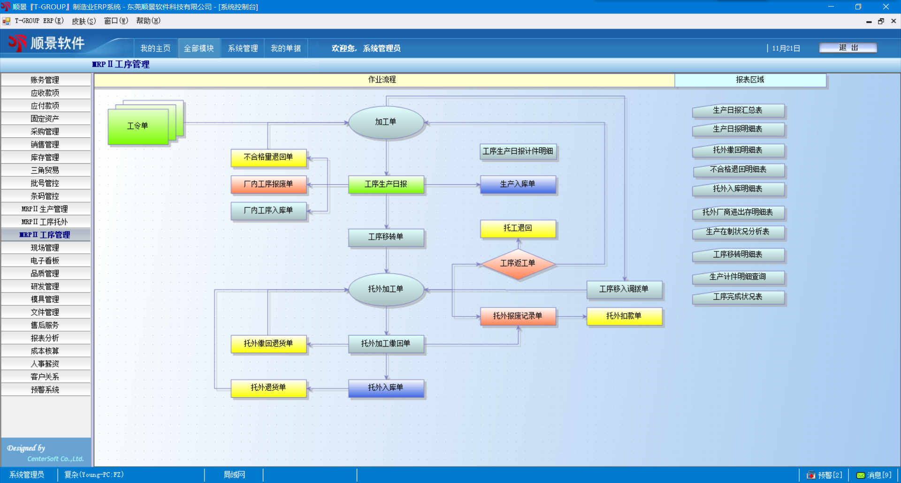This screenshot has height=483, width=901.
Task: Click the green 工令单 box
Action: pos(138,126)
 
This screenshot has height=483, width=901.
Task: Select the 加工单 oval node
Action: pos(386,122)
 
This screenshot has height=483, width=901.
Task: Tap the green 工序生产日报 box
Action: pos(386,184)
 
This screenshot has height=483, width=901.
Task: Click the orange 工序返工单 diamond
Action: pos(518,264)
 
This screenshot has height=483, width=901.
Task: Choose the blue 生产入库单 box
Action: pos(518,184)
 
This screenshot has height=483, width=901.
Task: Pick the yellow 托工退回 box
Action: pos(518,228)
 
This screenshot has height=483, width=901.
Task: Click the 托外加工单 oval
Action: pos(386,289)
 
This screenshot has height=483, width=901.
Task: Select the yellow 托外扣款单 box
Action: pos(624,316)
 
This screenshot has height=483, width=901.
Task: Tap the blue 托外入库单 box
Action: pos(386,388)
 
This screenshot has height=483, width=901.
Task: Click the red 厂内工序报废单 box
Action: pos(268,184)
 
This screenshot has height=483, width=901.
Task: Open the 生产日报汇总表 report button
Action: pos(738,111)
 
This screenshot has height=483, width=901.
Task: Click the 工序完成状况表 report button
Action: pos(738,297)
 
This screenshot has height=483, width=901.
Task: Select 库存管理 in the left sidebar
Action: pos(45,158)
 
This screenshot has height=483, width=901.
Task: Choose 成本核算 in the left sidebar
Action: pos(45,351)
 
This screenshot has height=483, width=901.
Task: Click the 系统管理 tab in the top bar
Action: pos(243,48)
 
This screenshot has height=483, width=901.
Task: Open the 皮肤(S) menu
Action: pos(84,21)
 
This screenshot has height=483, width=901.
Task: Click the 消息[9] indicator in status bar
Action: pos(874,475)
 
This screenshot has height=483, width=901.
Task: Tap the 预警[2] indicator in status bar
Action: pos(825,475)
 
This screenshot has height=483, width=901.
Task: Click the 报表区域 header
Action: pos(750,80)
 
